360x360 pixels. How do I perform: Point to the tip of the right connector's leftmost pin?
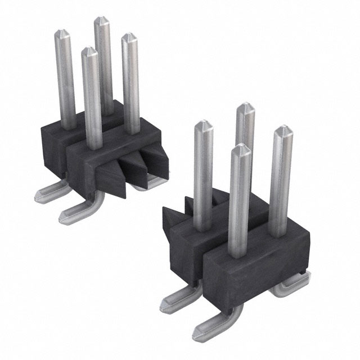click(202, 125)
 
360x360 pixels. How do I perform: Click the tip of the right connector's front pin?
click(240, 148)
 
